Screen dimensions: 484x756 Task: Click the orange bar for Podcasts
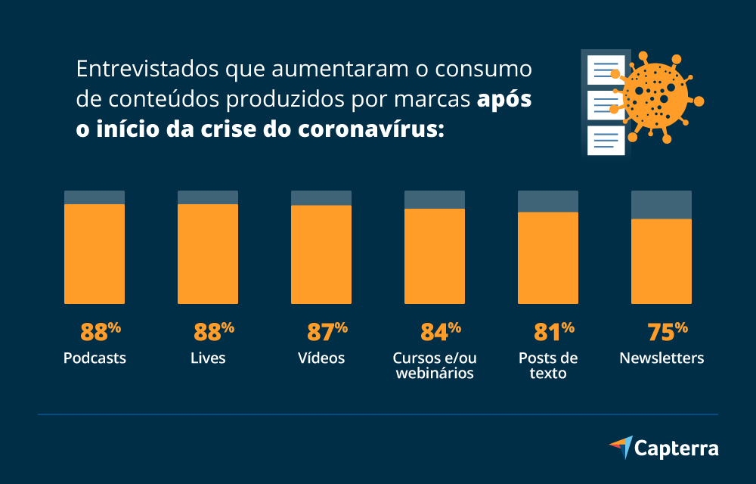[94, 254]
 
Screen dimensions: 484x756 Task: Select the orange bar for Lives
[208, 254]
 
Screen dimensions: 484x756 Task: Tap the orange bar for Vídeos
[321, 255]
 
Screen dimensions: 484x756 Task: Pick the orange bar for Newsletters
[661, 262]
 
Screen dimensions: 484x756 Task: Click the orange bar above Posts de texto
[548, 258]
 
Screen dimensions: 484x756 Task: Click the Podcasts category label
[94, 358]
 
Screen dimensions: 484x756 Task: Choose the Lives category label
[208, 358]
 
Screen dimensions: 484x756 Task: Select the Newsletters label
[661, 358]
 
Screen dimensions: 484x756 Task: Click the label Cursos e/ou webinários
[435, 365]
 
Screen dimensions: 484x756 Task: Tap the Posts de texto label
[548, 365]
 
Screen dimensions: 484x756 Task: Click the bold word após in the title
[504, 99]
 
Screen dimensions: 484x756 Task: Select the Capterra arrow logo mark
[621, 446]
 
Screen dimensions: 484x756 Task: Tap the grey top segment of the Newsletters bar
[661, 204]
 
